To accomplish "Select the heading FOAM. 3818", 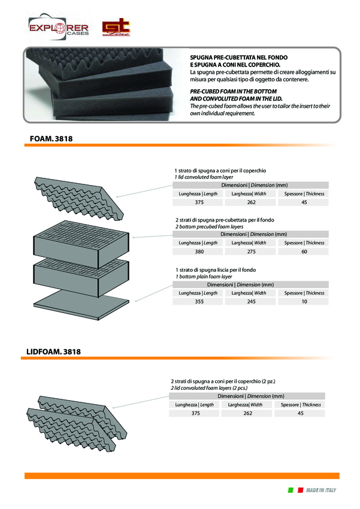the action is pos(52,139).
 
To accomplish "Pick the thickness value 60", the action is pos(304,252).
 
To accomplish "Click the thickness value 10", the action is pos(304,302).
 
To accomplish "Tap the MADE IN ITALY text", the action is pos(322,490).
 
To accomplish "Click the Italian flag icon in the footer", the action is pos(295,490).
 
